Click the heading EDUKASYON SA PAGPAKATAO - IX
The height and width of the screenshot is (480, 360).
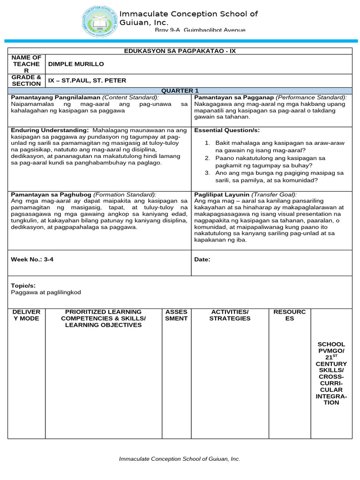pyautogui.click(x=180, y=51)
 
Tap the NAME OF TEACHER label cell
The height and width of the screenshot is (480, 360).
pyautogui.click(x=26, y=64)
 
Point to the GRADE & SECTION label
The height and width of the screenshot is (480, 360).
pyautogui.click(x=26, y=80)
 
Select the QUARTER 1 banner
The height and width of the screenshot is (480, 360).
pyautogui.click(x=180, y=90)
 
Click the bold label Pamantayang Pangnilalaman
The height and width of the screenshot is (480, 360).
pyautogui.click(x=52, y=97)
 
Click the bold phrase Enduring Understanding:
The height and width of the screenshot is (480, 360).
pyautogui.click(x=49, y=130)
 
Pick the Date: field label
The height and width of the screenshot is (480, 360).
pyautogui.click(x=202, y=259)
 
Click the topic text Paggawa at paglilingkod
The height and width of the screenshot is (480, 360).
pyautogui.click(x=45, y=292)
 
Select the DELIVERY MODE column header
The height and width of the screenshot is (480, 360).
pyautogui.click(x=26, y=315)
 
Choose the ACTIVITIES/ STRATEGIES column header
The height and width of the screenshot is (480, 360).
pyautogui.click(x=230, y=315)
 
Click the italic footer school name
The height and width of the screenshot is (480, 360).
pyautogui.click(x=180, y=459)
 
